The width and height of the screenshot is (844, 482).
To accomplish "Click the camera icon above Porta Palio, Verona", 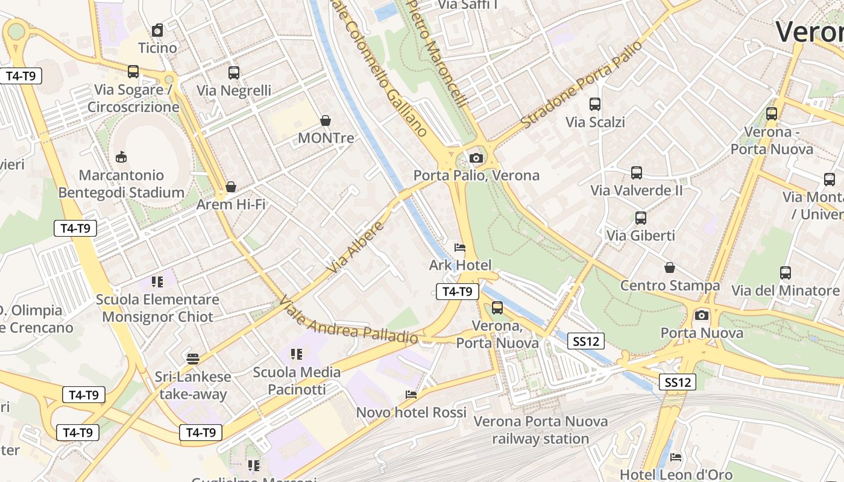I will pyautogui.click(x=476, y=158).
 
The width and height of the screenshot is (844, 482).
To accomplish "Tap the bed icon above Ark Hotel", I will pyautogui.click(x=460, y=247).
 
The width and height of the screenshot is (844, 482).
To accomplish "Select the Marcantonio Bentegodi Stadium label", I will pyautogui.click(x=121, y=184).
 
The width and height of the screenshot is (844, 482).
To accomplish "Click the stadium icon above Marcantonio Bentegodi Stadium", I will pyautogui.click(x=121, y=157).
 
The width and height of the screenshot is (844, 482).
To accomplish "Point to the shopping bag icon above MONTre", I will pyautogui.click(x=326, y=120).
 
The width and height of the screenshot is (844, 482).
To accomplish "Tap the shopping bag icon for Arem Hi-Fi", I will pyautogui.click(x=230, y=187).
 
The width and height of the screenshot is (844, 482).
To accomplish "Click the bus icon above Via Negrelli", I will pyautogui.click(x=234, y=73).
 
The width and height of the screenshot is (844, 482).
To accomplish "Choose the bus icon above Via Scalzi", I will pyautogui.click(x=595, y=104).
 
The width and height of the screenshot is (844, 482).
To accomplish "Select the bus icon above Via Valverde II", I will pyautogui.click(x=637, y=173).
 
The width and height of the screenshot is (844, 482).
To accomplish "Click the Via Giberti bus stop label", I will pyautogui.click(x=640, y=236).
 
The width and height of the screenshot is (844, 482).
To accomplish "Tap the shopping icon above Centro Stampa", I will pyautogui.click(x=670, y=268).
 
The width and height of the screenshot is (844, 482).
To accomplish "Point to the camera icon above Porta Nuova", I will pyautogui.click(x=702, y=315).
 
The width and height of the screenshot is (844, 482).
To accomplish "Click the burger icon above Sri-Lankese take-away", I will pyautogui.click(x=193, y=359).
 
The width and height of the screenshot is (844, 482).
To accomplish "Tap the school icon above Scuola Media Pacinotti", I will pyautogui.click(x=296, y=354).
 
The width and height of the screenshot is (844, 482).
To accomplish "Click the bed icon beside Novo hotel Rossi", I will pyautogui.click(x=411, y=395).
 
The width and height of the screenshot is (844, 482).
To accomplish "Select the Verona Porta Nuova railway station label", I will pyautogui.click(x=540, y=430).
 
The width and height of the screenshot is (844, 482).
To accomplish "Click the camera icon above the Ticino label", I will pyautogui.click(x=158, y=30).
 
